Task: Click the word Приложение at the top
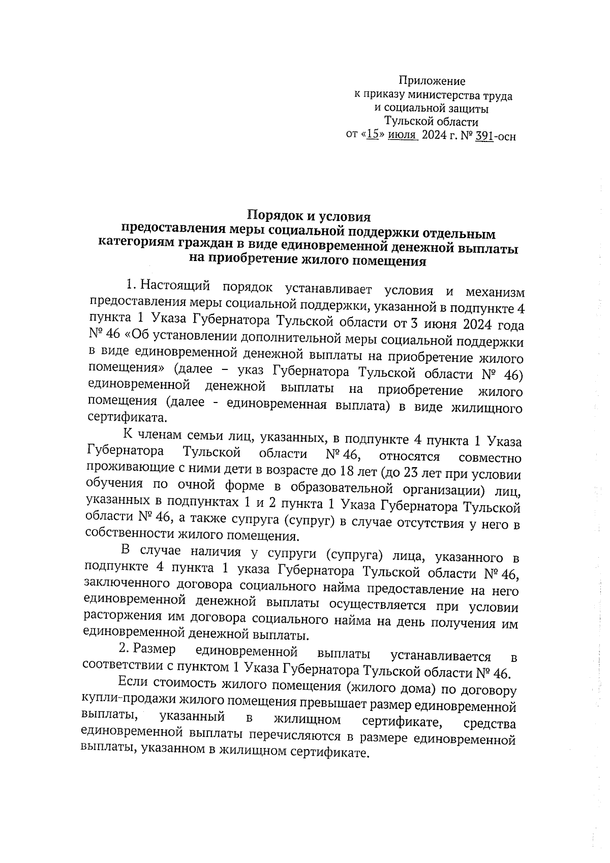(432, 81)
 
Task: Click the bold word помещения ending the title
(389, 263)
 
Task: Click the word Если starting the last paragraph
(133, 682)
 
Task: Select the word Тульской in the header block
(407, 122)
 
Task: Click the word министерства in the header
(441, 95)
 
